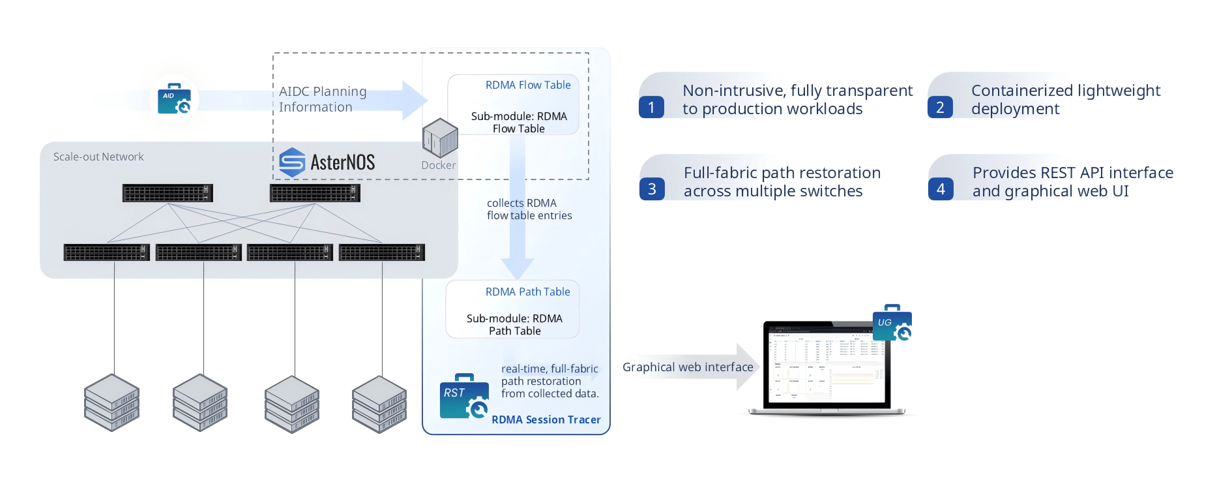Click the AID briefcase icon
tap(173, 98)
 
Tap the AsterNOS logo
tap(327, 162)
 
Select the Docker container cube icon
tap(440, 138)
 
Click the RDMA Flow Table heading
tap(527, 85)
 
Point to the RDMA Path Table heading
tap(527, 292)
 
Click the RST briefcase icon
tap(463, 396)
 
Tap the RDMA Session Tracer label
tap(546, 419)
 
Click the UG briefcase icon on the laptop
tap(892, 323)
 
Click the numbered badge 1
tap(651, 107)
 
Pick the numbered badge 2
tap(940, 107)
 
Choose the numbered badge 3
tap(652, 189)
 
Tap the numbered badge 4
tap(941, 189)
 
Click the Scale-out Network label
tap(98, 157)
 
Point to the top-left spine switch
tap(168, 193)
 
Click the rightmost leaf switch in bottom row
tap(382, 252)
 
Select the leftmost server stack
tap(111, 402)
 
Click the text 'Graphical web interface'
tap(688, 367)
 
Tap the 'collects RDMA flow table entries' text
tap(529, 209)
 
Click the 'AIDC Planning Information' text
tap(323, 99)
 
